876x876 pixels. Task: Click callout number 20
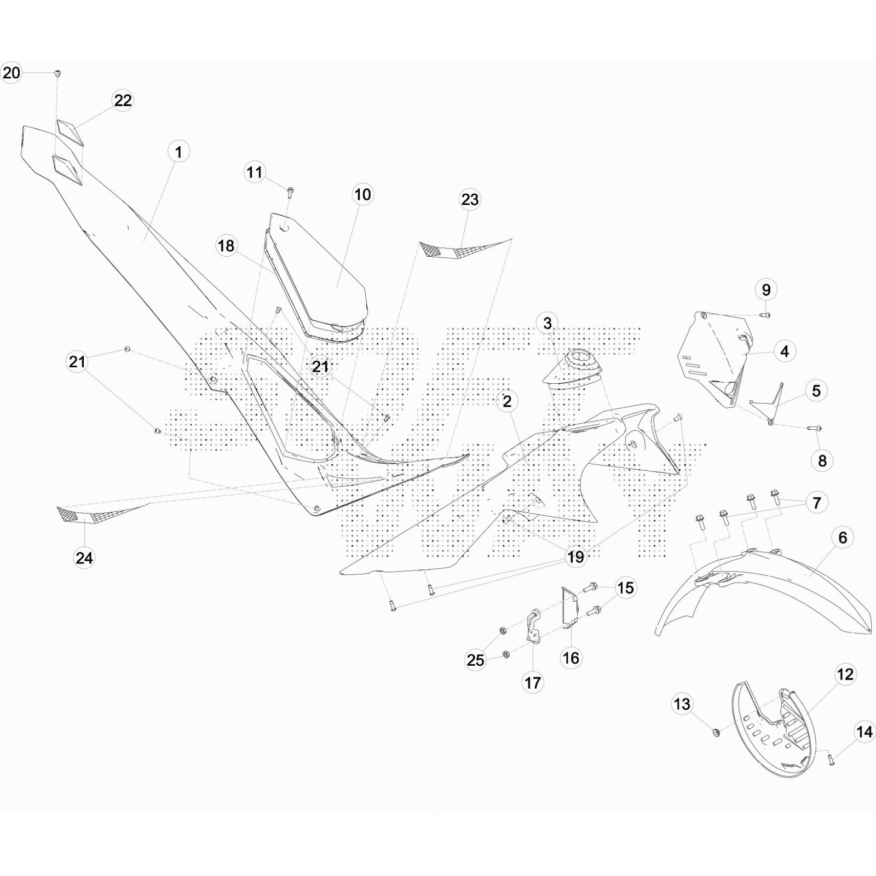11,72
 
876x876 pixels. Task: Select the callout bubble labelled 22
123,100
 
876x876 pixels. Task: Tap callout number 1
178,152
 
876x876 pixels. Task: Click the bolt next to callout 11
290,192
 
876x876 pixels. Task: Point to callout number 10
362,194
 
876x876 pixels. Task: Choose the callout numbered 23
470,200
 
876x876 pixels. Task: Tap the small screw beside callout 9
765,315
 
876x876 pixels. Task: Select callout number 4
784,351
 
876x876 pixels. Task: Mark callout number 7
816,502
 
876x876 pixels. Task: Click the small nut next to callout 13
716,732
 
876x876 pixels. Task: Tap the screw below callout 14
832,759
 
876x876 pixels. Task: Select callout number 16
570,658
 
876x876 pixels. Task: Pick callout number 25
475,660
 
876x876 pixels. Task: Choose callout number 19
575,557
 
